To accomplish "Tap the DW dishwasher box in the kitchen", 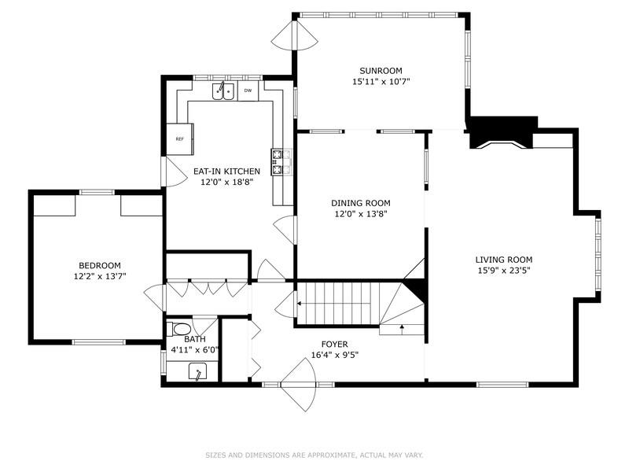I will click(x=248, y=91).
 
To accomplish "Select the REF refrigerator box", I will click(x=179, y=138).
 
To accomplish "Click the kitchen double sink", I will click(x=223, y=91).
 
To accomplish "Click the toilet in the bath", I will click(x=180, y=329).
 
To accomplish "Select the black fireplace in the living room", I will click(x=502, y=131).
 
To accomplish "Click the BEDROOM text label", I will click(x=99, y=266).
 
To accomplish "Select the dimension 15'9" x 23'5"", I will click(x=504, y=270).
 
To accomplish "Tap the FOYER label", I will click(x=335, y=344).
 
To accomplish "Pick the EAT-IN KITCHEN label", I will click(x=226, y=171).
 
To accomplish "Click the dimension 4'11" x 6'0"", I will click(x=190, y=350).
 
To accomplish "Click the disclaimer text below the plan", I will click(x=314, y=455).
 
